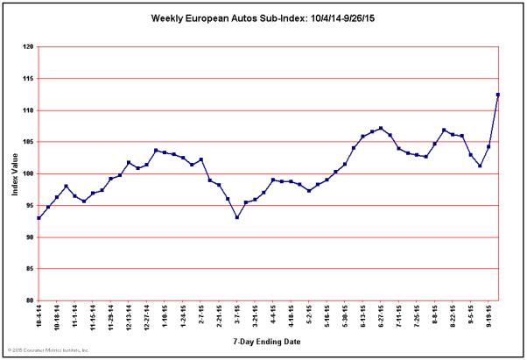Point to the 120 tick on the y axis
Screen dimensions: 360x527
click(28, 47)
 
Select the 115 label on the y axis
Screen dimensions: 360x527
click(28, 79)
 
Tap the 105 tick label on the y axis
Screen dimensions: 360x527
click(28, 142)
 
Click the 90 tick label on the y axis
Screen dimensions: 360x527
click(30, 237)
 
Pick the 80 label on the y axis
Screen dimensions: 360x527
click(30, 300)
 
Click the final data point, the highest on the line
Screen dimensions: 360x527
click(498, 95)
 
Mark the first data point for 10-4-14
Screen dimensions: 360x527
click(39, 218)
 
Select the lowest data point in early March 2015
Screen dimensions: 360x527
click(237, 217)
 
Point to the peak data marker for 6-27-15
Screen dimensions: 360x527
click(381, 128)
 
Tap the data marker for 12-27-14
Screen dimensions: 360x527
click(147, 165)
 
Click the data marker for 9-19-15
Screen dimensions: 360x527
click(488, 146)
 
